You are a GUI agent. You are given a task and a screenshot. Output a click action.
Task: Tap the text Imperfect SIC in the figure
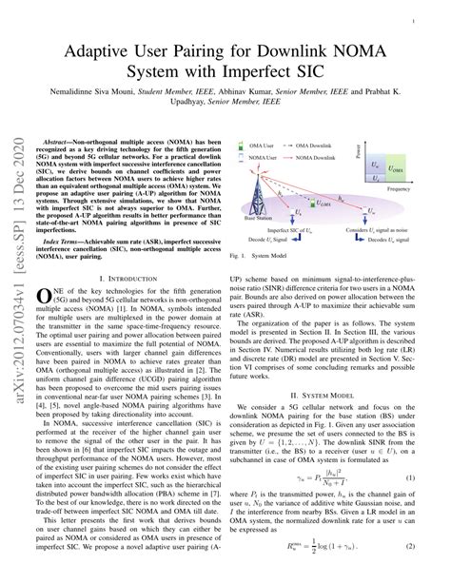coord(285,229)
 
